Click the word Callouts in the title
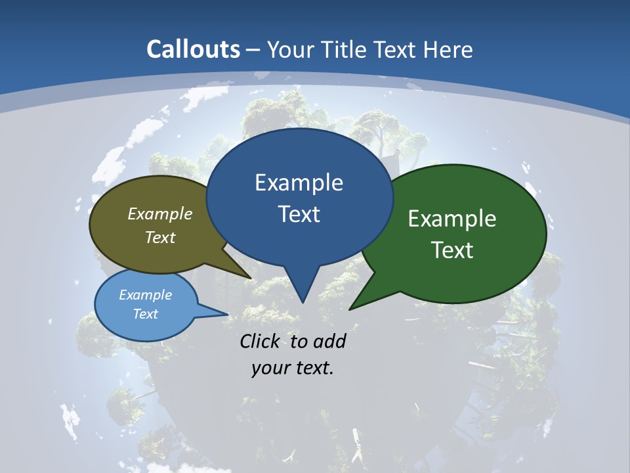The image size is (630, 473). point(194,49)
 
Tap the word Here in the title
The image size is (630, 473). point(448,49)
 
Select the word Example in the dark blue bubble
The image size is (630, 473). point(299,183)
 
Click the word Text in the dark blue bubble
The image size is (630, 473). point(299,214)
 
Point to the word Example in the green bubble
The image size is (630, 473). point(452,219)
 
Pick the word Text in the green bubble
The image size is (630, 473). point(452,250)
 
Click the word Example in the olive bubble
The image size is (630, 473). point(160,214)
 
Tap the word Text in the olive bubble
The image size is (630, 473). point(160,237)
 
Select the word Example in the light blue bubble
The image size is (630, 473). point(145,295)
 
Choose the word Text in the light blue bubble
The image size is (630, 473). point(145,314)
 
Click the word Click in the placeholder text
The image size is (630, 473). point(261,341)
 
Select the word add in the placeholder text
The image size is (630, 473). point(330,341)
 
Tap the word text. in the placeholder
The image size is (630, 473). point(313,367)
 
